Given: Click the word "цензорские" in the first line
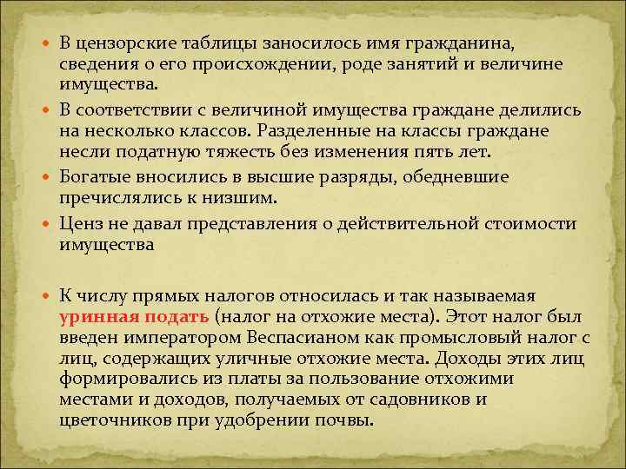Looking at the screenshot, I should pos(125,44).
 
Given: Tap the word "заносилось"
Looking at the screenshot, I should pos(289,44).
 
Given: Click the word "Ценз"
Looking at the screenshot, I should pos(78,223).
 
